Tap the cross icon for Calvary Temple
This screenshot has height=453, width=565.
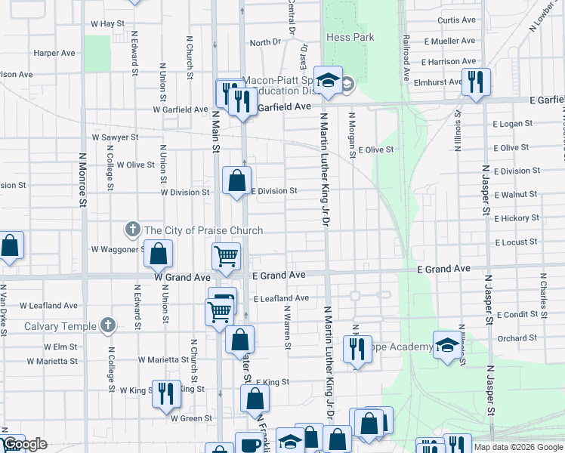pyautogui.click(x=108, y=326)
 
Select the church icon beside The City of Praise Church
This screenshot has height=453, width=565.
pyautogui.click(x=133, y=230)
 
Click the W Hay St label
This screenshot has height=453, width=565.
pyautogui.click(x=107, y=24)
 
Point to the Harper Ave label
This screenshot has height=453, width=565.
pyautogui.click(x=54, y=54)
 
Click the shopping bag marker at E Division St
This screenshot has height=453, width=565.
pyautogui.click(x=236, y=181)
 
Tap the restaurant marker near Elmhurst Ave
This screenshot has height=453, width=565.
pyautogui.click(x=476, y=82)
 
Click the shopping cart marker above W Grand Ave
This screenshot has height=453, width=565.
pyautogui.click(x=227, y=257)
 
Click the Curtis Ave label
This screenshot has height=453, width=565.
pyautogui.click(x=457, y=20)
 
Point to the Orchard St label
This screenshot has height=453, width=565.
pyautogui.click(x=517, y=338)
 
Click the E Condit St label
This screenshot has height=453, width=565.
pyautogui.click(x=516, y=314)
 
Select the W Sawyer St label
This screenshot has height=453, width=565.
pyautogui.click(x=115, y=138)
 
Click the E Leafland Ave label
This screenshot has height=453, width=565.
pyautogui.click(x=281, y=299)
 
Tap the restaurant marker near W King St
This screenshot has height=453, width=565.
pyautogui.click(x=166, y=394)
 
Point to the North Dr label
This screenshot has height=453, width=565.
pyautogui.click(x=265, y=43)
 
